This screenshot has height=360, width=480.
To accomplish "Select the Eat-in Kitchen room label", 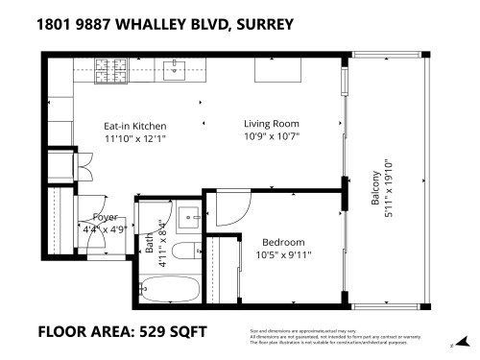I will tap(134, 126).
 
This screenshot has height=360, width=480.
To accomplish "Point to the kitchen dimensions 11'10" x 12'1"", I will tap(134, 138).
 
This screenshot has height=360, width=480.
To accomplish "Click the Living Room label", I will tap(271, 123).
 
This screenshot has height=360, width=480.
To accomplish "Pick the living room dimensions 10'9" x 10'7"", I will tap(271, 135).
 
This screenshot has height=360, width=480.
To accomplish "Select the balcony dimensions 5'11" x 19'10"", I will tap(388, 188).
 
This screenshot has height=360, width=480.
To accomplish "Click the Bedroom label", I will tap(283, 242).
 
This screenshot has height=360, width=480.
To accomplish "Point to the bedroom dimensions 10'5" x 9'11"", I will tap(283, 254).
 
